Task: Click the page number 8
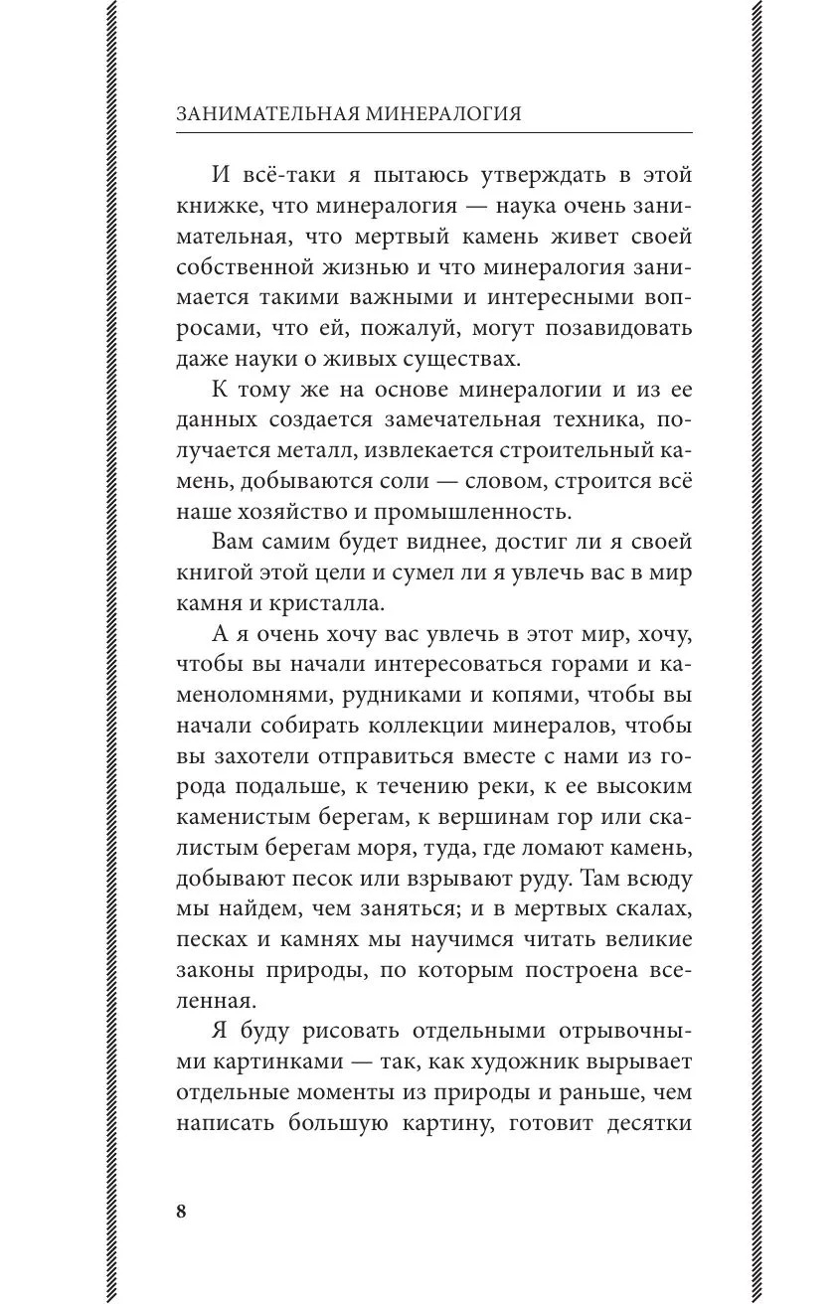click(180, 1211)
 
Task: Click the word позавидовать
click(611, 327)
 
